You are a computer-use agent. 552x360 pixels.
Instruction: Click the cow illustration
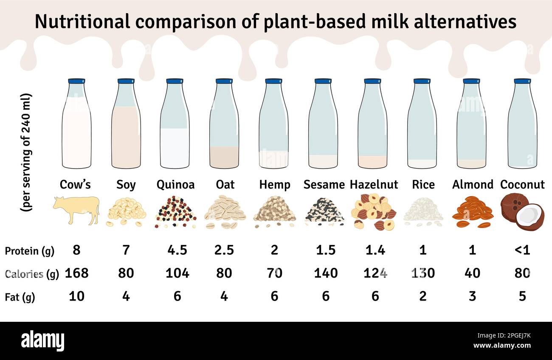pos(76,210)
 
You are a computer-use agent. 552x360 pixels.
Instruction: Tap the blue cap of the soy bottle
pos(126,81)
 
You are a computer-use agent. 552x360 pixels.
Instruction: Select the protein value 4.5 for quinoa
pos(177,250)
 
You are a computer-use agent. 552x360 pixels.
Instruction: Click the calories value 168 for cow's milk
pos(76,273)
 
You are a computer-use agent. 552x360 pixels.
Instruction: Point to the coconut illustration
pos(522,211)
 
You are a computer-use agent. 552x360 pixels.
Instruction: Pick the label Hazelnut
pos(374,185)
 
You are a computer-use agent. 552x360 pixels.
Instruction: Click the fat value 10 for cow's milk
pos(76,296)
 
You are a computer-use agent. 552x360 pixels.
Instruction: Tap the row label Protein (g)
pos(30,251)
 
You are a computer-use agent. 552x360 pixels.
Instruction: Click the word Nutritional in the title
pos(83,22)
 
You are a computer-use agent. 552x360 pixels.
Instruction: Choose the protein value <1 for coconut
pos(522,250)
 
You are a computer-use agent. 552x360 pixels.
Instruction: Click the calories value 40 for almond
pos(472,273)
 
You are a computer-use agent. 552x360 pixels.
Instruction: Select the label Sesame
pos(324,185)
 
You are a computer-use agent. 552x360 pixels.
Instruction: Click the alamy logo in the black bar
pos(42,340)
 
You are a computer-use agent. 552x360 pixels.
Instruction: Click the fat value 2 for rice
pos(422,296)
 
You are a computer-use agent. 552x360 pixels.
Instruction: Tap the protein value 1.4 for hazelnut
pos(375,250)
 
